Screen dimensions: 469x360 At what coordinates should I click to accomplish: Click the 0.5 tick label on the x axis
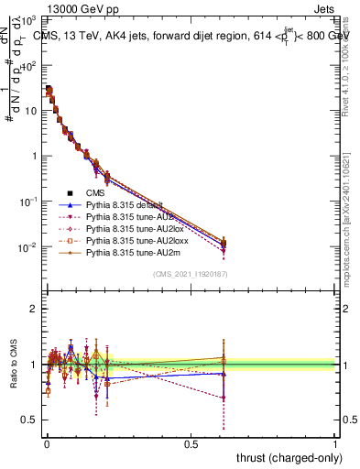191,443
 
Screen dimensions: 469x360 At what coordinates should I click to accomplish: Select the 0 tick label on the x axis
47,443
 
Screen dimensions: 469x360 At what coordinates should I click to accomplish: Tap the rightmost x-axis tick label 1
335,443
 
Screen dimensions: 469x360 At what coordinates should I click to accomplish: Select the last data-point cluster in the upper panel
223,244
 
